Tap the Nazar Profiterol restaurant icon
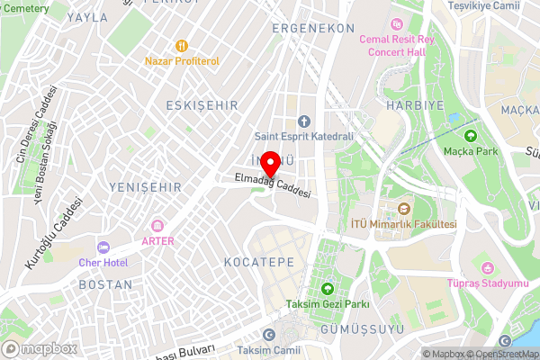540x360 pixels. (182, 44)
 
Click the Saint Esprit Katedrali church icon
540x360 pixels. (303, 121)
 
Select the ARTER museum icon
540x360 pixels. (157, 225)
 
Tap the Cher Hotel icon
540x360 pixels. (102, 247)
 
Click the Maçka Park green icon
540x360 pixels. (469, 135)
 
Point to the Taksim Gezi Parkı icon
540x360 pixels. (327, 289)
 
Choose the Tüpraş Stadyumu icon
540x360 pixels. (487, 267)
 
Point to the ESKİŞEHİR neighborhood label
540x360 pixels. (202, 105)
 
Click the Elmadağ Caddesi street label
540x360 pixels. (273, 186)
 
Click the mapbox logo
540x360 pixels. (38, 347)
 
